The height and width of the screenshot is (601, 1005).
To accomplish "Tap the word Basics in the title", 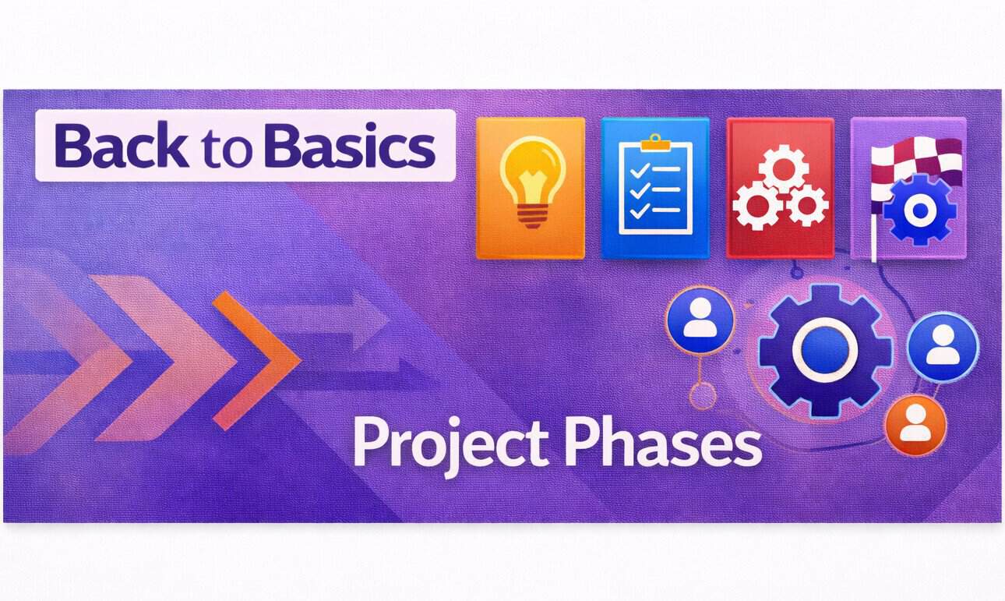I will pyautogui.click(x=349, y=146).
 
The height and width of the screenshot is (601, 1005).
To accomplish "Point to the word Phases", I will pyautogui.click(x=661, y=442).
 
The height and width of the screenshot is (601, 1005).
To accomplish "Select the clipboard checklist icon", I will pyautogui.click(x=654, y=187).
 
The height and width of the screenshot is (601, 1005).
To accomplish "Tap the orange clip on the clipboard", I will pyautogui.click(x=655, y=141).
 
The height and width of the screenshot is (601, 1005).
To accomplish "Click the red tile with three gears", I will pyautogui.click(x=779, y=187).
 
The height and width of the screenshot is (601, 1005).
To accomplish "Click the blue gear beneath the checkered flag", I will pyautogui.click(x=920, y=210).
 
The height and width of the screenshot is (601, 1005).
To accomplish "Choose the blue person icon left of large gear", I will pyautogui.click(x=700, y=323).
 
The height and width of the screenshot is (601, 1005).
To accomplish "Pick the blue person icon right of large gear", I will pyautogui.click(x=943, y=346).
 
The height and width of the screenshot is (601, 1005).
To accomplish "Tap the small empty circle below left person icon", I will pyautogui.click(x=703, y=396).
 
